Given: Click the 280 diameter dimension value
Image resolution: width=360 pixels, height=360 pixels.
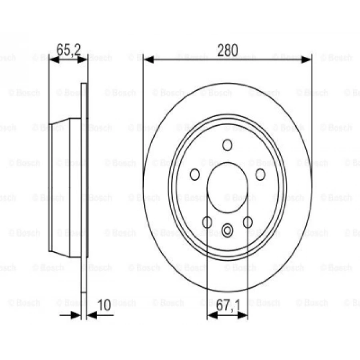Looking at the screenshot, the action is pos(227,50).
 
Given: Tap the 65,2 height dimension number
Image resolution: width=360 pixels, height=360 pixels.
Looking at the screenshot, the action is pos(69,50).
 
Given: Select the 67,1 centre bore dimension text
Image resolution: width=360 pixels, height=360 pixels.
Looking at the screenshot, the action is pos(228,305).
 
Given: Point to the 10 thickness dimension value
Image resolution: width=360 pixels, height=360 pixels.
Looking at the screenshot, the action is pos(104,305).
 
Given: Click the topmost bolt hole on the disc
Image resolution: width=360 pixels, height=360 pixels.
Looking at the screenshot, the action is pos(227,145).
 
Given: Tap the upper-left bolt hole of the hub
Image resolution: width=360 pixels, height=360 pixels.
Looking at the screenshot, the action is pos(194,174).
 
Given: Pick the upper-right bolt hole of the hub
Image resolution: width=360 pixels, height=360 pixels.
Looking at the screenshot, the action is pos(260,174).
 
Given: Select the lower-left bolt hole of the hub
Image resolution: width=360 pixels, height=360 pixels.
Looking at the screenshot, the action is pos(207,222).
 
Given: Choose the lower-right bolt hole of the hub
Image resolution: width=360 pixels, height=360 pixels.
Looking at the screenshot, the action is pos(248,222).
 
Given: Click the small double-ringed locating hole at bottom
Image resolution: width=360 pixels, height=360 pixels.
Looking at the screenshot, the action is pos(227,230).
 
